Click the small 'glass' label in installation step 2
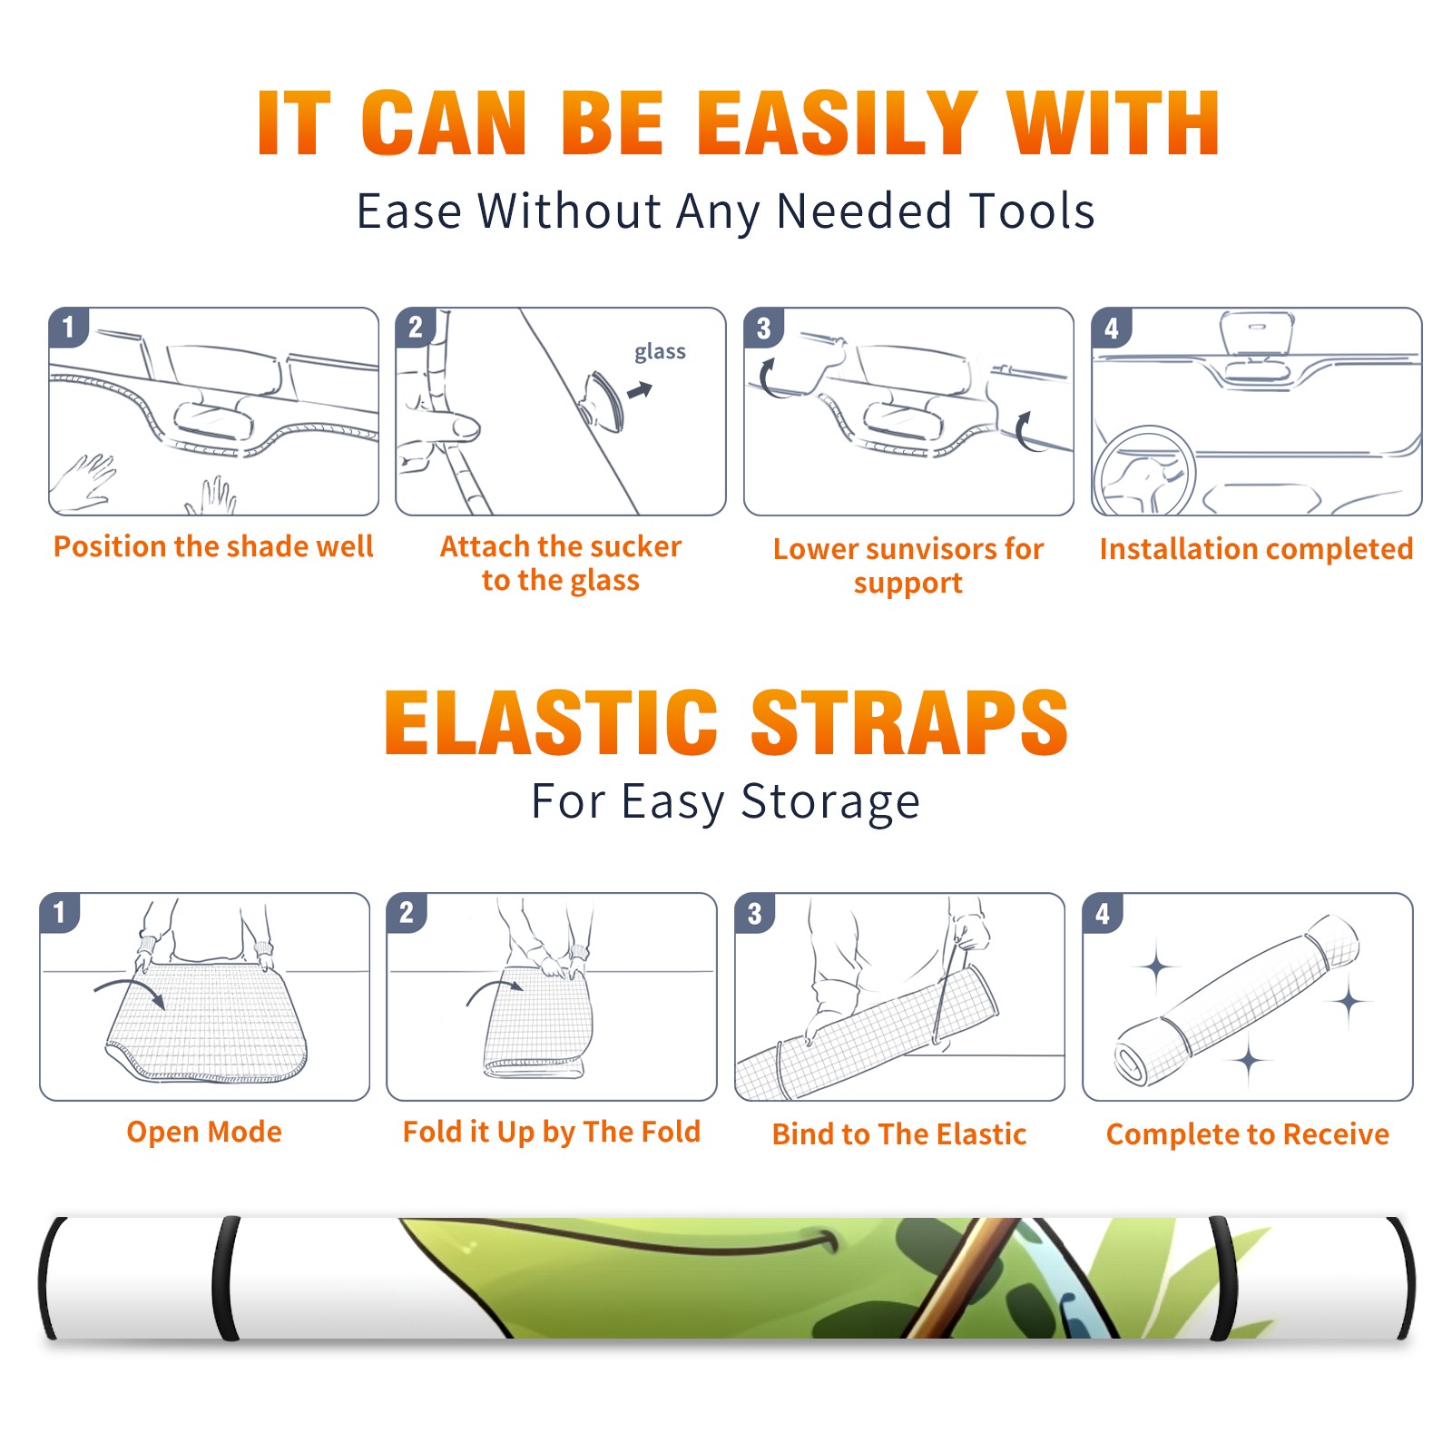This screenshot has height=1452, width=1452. pyautogui.click(x=660, y=352)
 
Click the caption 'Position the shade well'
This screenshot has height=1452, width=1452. pyautogui.click(x=213, y=546)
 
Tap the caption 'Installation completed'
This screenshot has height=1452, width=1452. pyautogui.click(x=1256, y=548)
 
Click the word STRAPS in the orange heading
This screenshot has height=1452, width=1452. pyautogui.click(x=909, y=722)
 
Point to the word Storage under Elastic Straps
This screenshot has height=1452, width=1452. pyautogui.click(x=830, y=802)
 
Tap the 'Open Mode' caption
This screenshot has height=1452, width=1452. pyautogui.click(x=204, y=1132)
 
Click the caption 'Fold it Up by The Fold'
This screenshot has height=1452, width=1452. pyautogui.click(x=552, y=1132)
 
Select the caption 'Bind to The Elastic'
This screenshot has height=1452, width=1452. pyautogui.click(x=899, y=1134)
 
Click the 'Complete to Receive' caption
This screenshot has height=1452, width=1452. pyautogui.click(x=1248, y=1134)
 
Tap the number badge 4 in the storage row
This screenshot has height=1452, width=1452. pyautogui.click(x=1103, y=913)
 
